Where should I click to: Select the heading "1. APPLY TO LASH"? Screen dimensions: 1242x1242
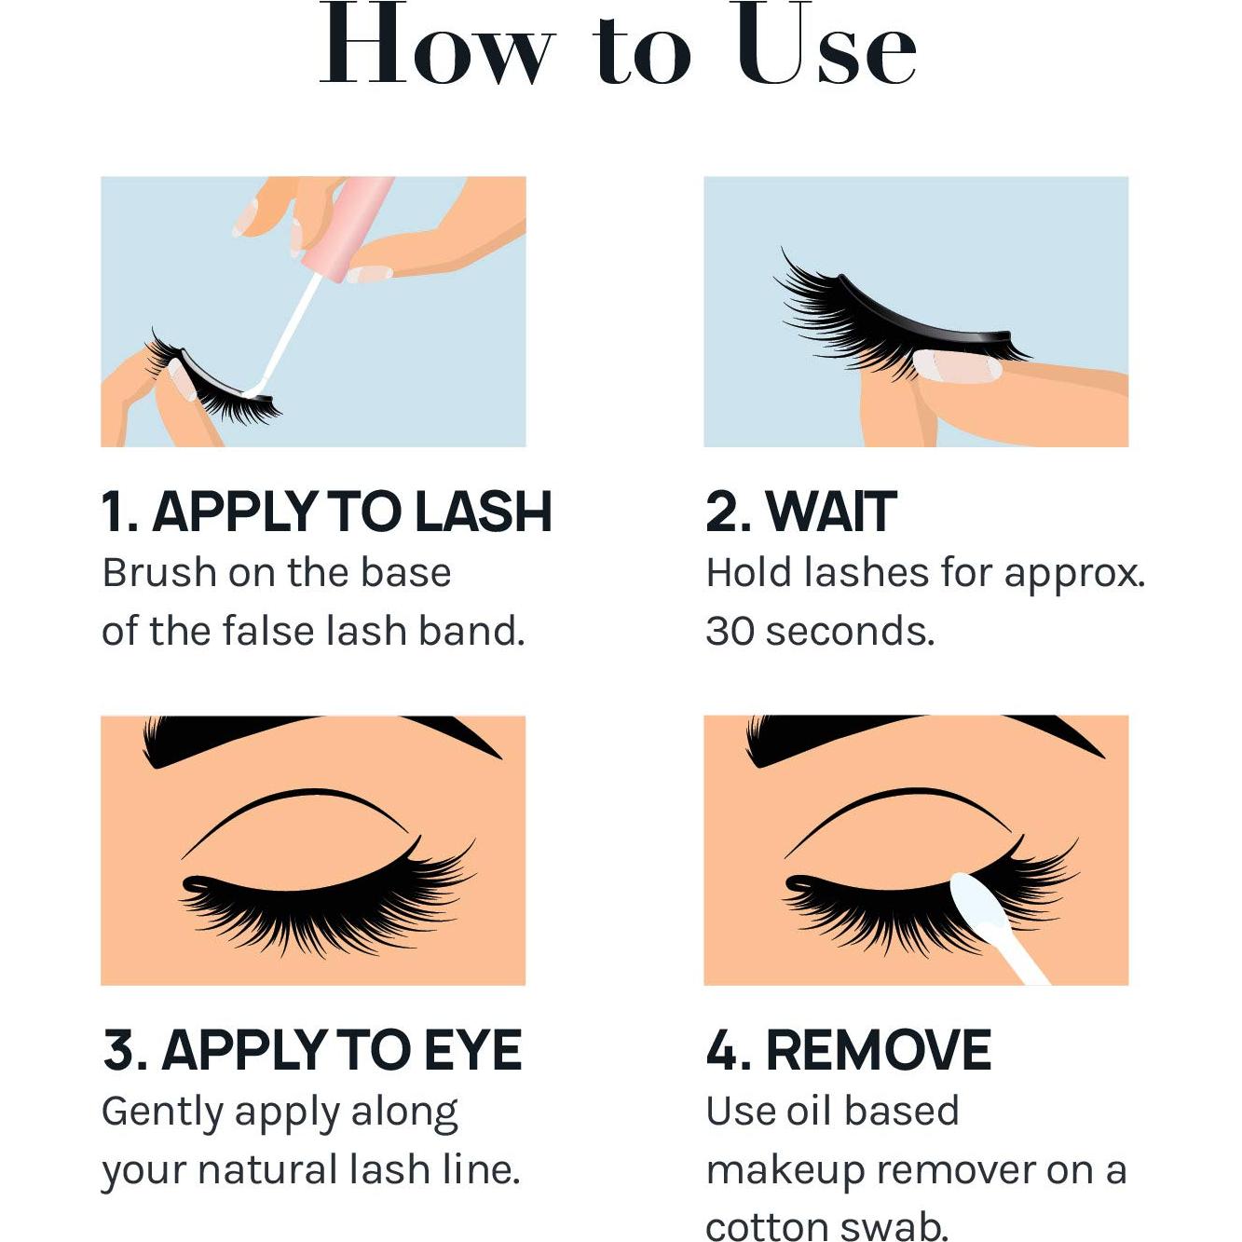tap(327, 512)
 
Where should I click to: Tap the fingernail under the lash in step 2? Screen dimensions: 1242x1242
tap(958, 367)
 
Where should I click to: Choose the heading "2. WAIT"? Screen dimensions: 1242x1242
tap(801, 512)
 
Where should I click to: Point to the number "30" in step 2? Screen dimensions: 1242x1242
tap(730, 631)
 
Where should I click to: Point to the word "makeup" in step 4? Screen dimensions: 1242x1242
tap(785, 1172)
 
